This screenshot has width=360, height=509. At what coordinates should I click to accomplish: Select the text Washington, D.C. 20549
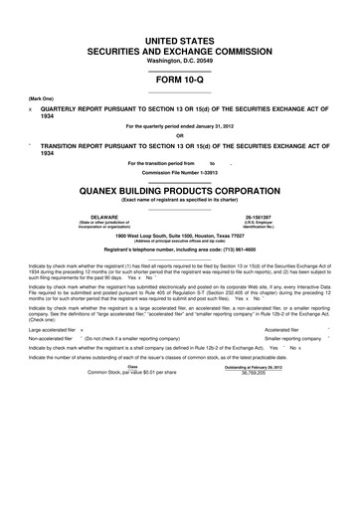click(179, 61)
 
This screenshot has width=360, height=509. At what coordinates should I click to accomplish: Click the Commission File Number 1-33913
click(179, 171)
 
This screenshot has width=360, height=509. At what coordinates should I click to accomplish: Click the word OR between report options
click(179, 136)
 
